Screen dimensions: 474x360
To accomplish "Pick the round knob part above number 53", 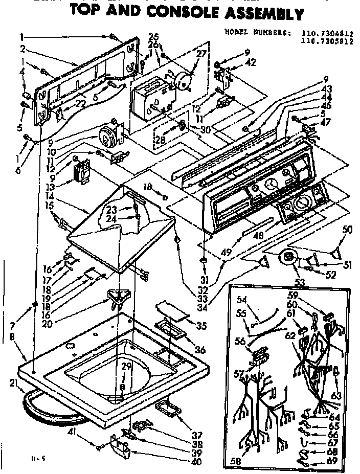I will pyautogui.click(x=290, y=256).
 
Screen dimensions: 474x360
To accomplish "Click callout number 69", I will pyautogui.click(x=333, y=461).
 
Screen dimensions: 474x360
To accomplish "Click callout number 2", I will pyautogui.click(x=23, y=49).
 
